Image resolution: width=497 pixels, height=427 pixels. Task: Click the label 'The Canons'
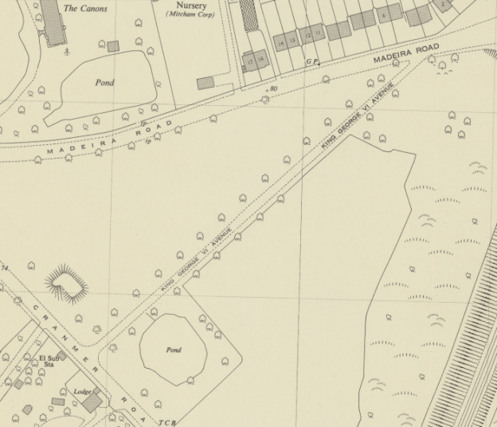point(84,9)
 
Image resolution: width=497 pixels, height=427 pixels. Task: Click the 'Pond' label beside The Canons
point(104,83)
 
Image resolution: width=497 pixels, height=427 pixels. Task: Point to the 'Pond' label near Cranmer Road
point(174,350)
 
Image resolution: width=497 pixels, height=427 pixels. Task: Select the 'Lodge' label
point(82,392)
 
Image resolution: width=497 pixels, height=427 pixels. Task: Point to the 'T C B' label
point(166,421)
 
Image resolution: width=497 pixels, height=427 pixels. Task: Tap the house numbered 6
point(385,14)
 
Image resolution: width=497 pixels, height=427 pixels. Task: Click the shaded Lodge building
point(92,402)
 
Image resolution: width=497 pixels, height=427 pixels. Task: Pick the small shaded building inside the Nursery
point(205,82)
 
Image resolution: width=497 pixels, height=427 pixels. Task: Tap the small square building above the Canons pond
point(113,46)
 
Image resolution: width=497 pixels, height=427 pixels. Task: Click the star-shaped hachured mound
point(66,284)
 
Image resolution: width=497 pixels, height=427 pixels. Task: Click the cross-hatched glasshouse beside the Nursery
point(249,14)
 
